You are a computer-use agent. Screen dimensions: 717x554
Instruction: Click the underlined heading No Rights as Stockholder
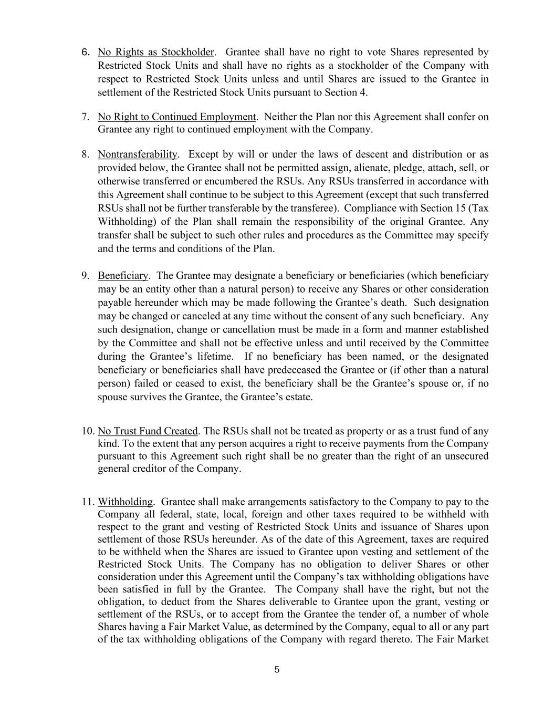coord(156,52)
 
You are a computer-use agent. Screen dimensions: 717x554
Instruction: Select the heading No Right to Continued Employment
coord(176,117)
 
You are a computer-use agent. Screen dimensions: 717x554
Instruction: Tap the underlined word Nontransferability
coord(138,154)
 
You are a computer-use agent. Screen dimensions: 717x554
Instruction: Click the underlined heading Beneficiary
coord(123,276)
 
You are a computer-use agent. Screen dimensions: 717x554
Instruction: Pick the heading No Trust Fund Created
coord(148,431)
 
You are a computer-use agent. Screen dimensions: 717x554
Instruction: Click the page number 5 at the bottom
coord(277,670)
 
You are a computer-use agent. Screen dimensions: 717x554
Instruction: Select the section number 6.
coord(87,52)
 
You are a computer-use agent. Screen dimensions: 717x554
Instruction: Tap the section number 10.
coord(87,431)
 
